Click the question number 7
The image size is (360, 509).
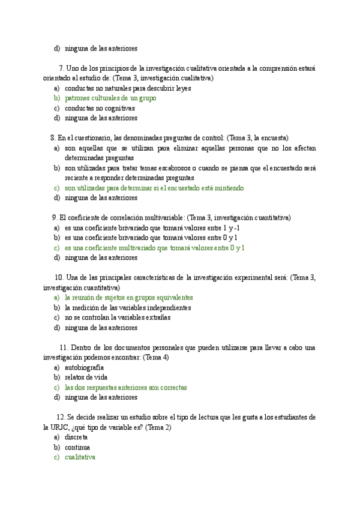click(x=62, y=68)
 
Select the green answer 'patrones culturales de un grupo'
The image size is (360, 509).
click(x=110, y=98)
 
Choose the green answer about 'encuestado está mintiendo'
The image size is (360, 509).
click(x=154, y=188)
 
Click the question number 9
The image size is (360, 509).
click(x=55, y=217)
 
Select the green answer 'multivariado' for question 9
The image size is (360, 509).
click(x=154, y=247)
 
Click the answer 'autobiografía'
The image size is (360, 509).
click(x=84, y=367)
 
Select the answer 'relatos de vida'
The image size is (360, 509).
click(x=90, y=377)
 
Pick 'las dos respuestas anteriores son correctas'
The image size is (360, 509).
click(x=125, y=387)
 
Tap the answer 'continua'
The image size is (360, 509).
click(x=77, y=447)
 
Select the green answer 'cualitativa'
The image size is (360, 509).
click(x=80, y=457)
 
